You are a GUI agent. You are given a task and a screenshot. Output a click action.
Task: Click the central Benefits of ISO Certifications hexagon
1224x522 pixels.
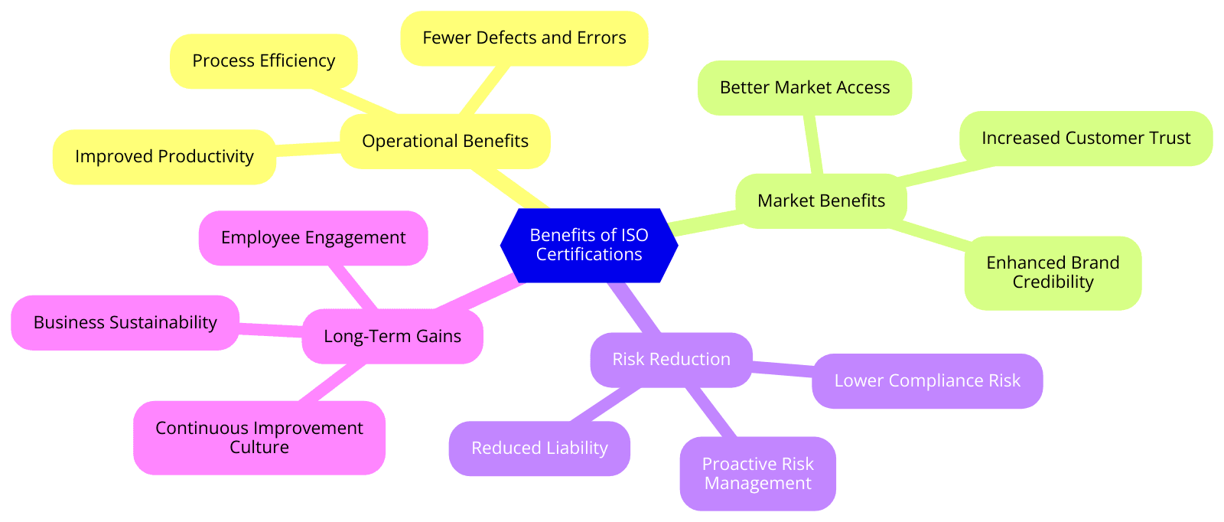(x=588, y=245)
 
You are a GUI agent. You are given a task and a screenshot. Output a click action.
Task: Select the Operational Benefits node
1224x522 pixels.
(x=444, y=142)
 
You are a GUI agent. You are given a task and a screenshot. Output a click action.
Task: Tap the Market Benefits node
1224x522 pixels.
(x=821, y=201)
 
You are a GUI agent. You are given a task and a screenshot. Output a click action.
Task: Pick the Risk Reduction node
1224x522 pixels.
(x=671, y=360)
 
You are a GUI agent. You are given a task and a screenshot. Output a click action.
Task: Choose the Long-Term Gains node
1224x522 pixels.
(x=392, y=337)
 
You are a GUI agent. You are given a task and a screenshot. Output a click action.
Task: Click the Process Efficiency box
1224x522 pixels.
(x=263, y=61)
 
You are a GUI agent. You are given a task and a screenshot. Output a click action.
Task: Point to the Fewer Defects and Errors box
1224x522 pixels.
(x=524, y=38)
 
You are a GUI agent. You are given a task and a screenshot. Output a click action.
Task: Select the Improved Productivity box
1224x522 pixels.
(x=164, y=157)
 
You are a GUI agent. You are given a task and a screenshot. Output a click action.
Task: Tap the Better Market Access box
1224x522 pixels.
(x=804, y=88)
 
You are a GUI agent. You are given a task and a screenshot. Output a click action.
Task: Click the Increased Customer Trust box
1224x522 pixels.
(x=1086, y=139)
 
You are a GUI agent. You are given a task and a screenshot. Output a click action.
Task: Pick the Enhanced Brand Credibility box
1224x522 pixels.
(x=1053, y=272)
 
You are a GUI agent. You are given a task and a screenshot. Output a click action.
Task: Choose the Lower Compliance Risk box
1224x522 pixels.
(x=926, y=381)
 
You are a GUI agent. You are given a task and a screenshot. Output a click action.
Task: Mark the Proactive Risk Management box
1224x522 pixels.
(x=757, y=474)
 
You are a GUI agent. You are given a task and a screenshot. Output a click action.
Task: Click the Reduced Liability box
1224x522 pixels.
(x=539, y=449)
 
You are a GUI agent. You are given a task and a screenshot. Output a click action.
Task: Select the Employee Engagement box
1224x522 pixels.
(x=313, y=238)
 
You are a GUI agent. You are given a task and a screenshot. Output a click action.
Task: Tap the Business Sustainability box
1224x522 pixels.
(x=125, y=323)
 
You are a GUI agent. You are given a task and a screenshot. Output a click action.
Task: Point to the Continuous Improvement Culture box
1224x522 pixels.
(x=259, y=438)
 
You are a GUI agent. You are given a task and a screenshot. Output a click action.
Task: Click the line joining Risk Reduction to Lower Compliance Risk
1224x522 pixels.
(x=782, y=370)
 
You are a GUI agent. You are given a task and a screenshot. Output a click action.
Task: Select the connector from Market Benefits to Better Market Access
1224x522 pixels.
(x=813, y=145)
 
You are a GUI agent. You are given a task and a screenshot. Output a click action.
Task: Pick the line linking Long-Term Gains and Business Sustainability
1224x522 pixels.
(x=271, y=330)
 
